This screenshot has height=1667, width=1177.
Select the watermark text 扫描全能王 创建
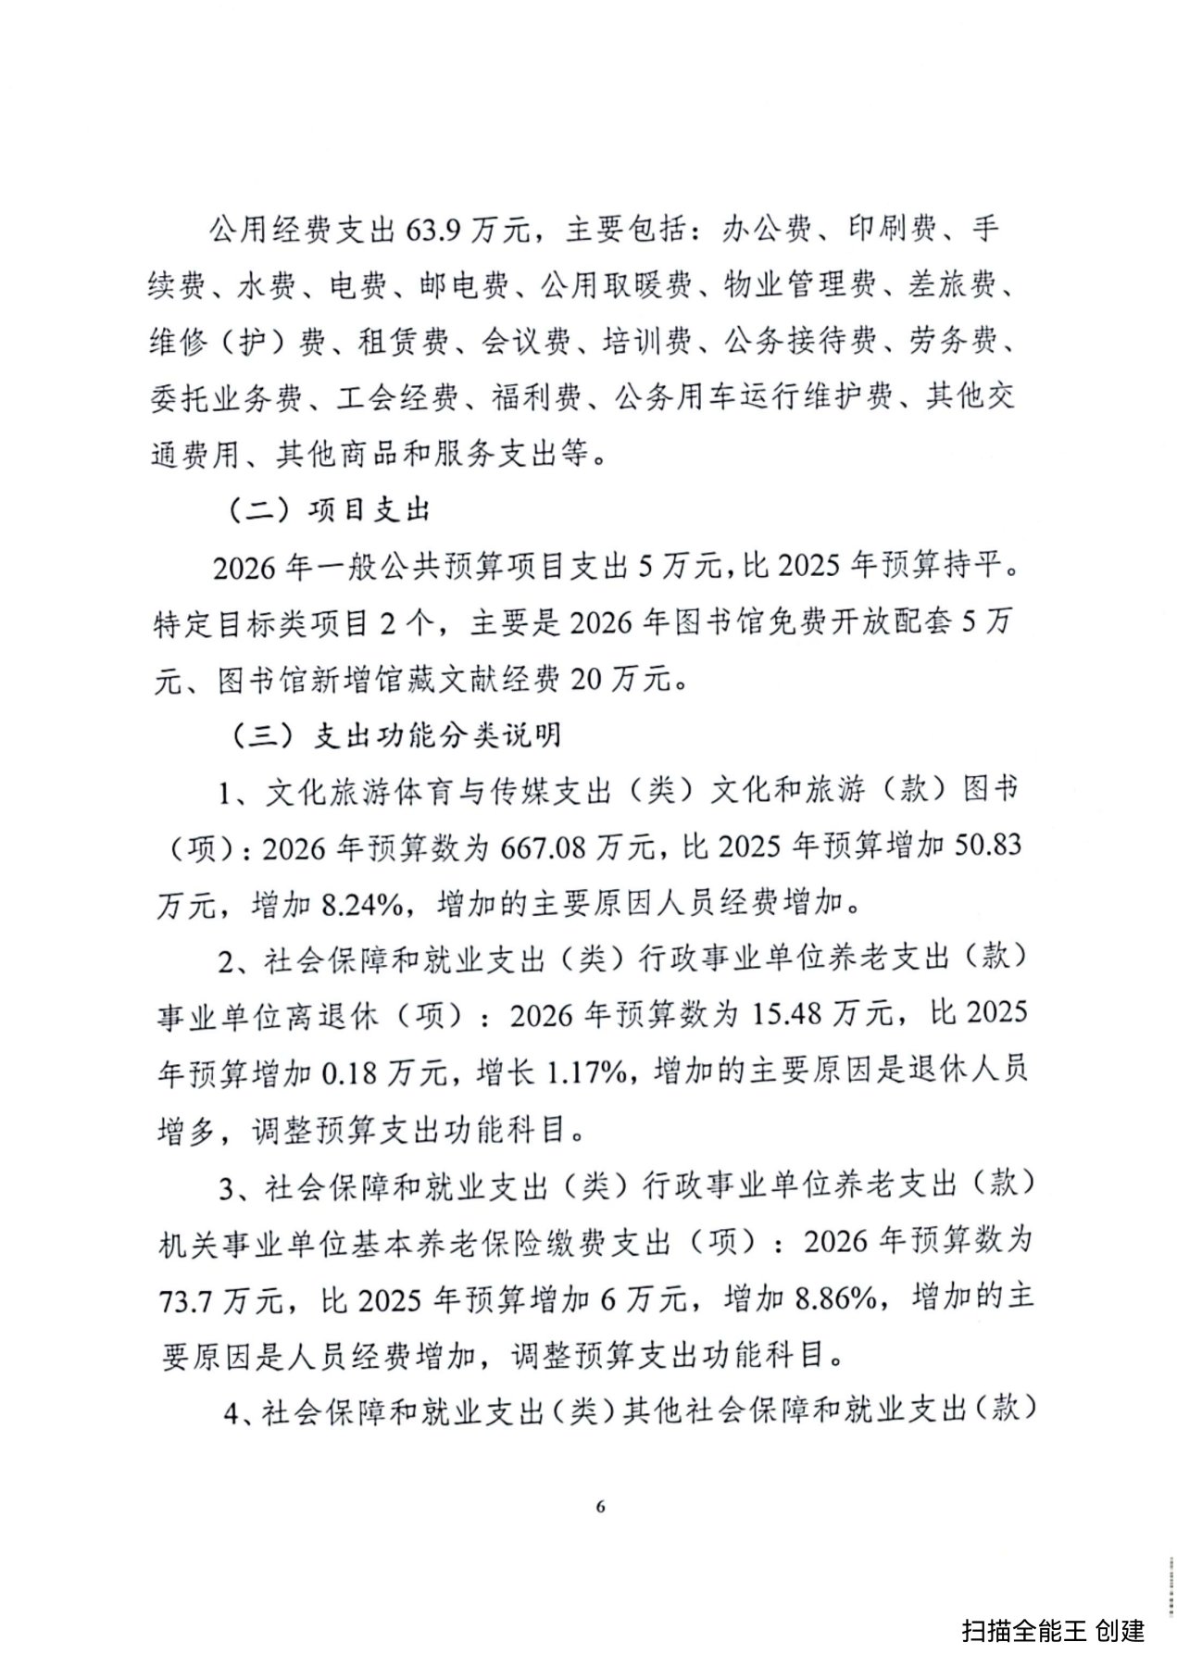1053,1630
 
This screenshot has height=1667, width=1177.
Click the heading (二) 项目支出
328,510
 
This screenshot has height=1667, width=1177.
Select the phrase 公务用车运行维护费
754,398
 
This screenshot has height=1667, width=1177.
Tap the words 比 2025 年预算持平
876,566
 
